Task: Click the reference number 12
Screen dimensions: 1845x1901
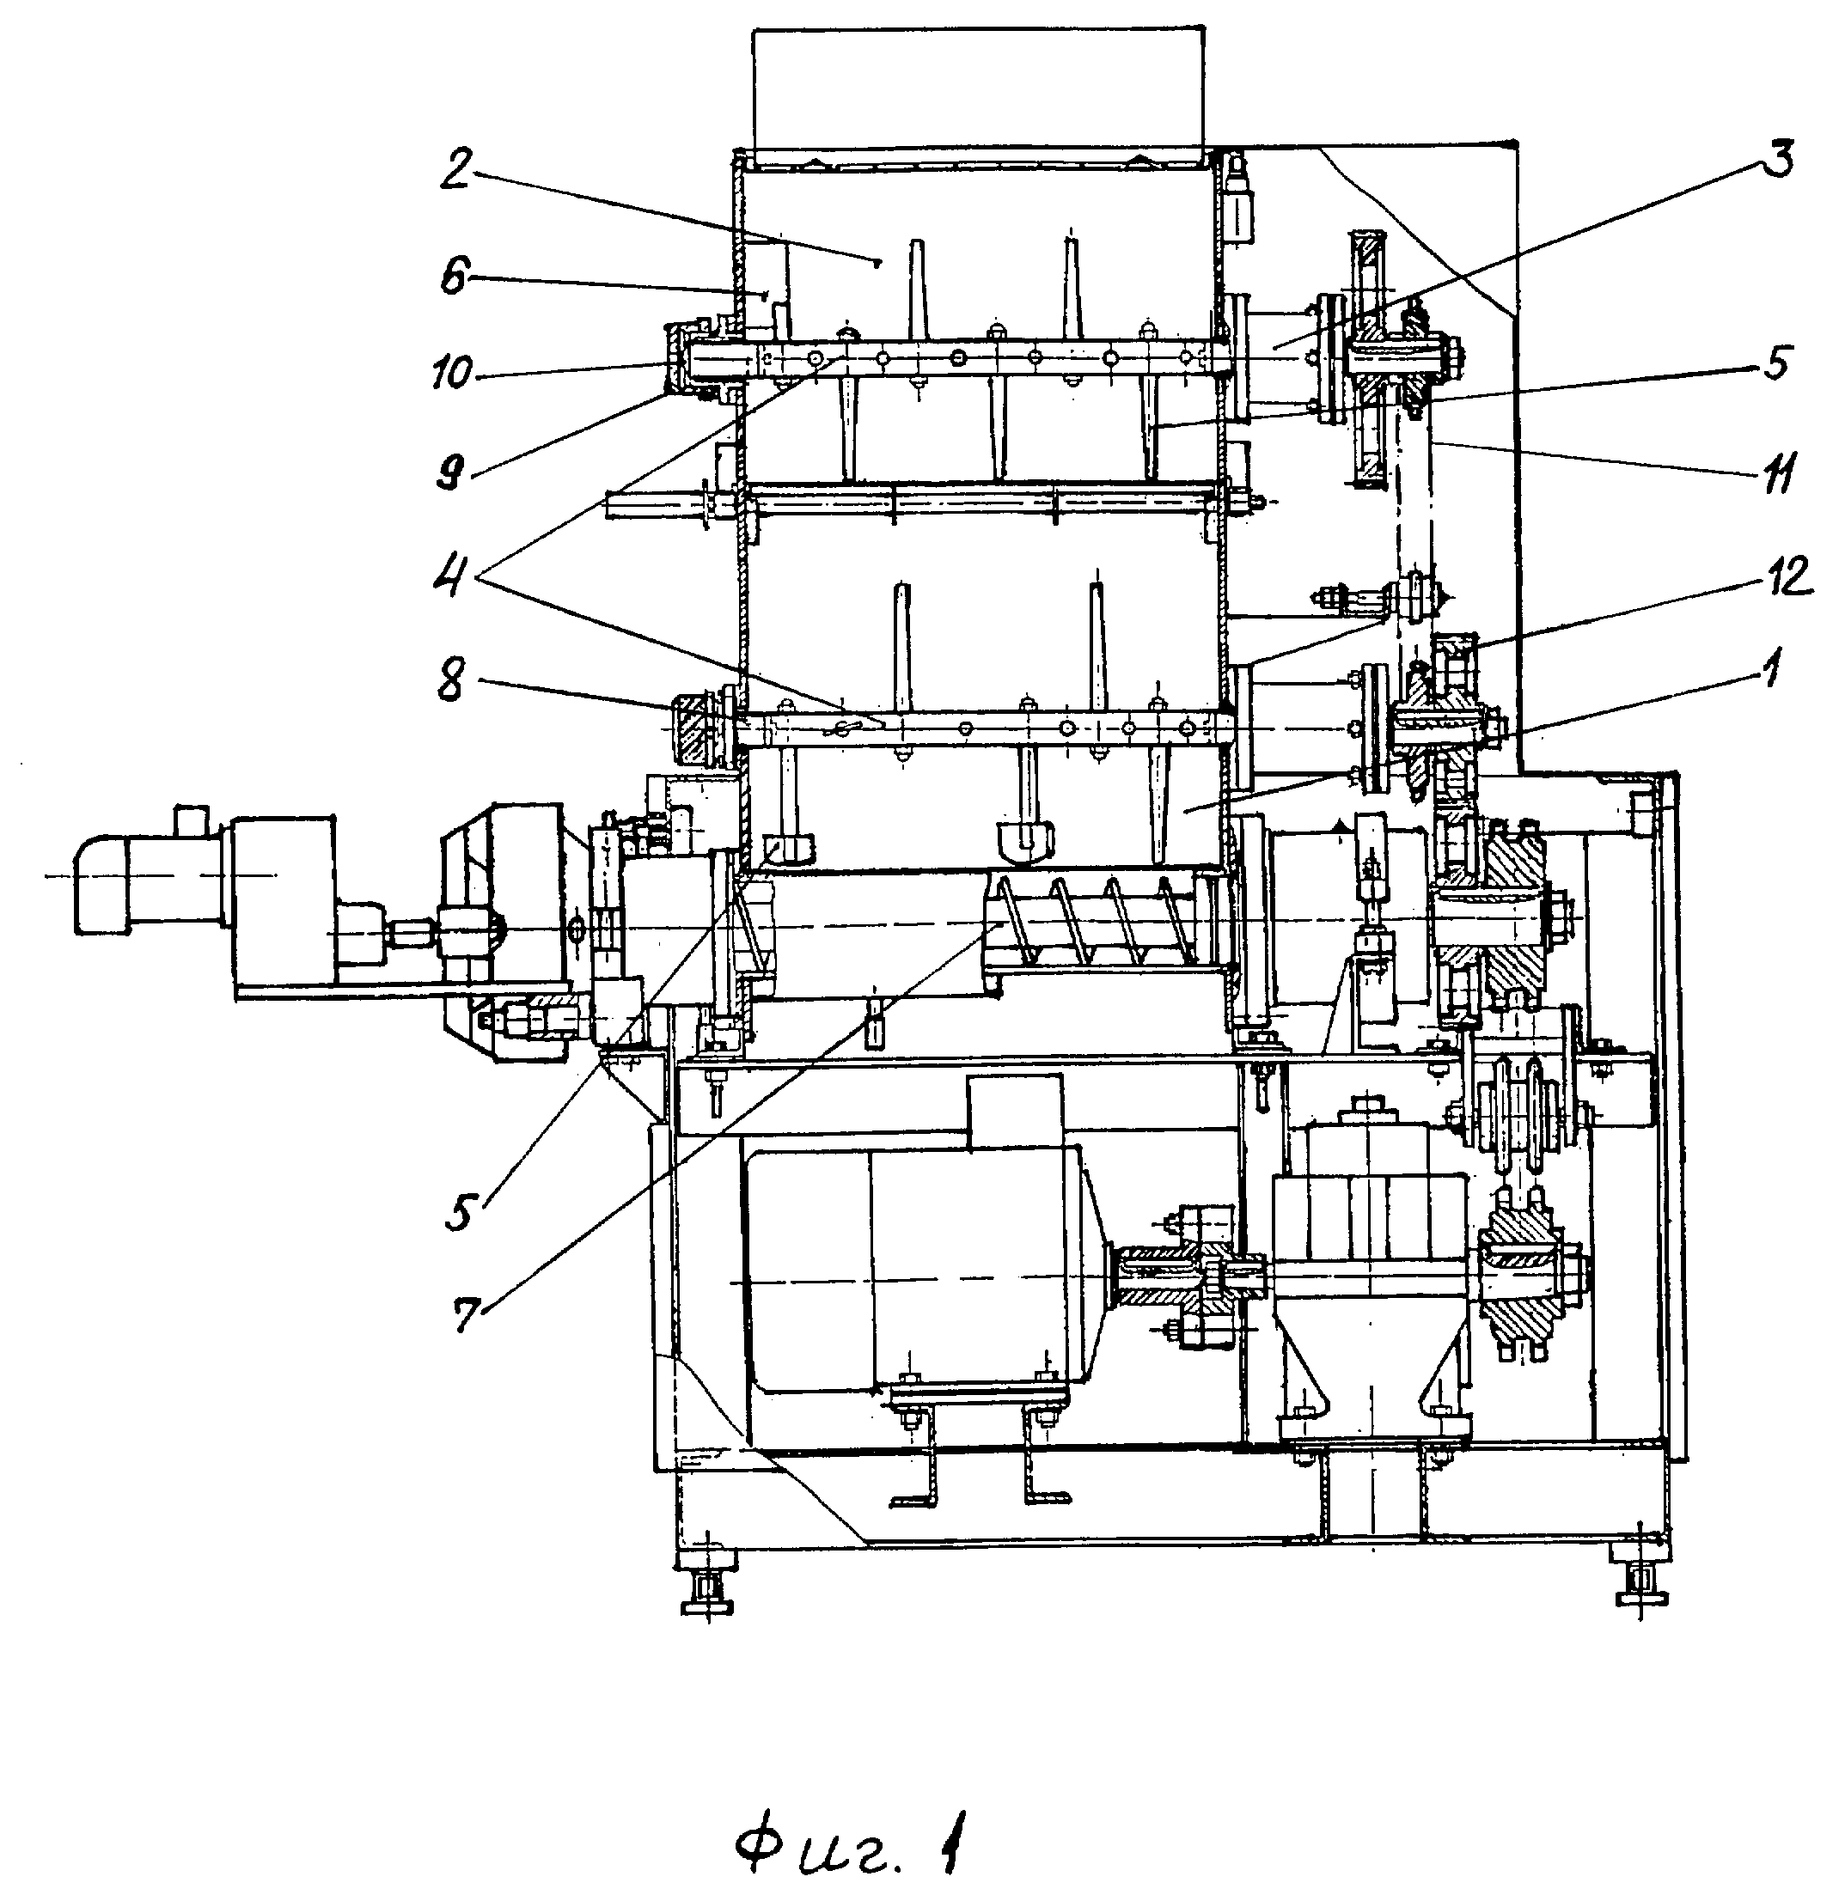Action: coord(1781,576)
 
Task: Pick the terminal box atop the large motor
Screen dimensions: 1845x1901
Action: coord(1015,1111)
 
